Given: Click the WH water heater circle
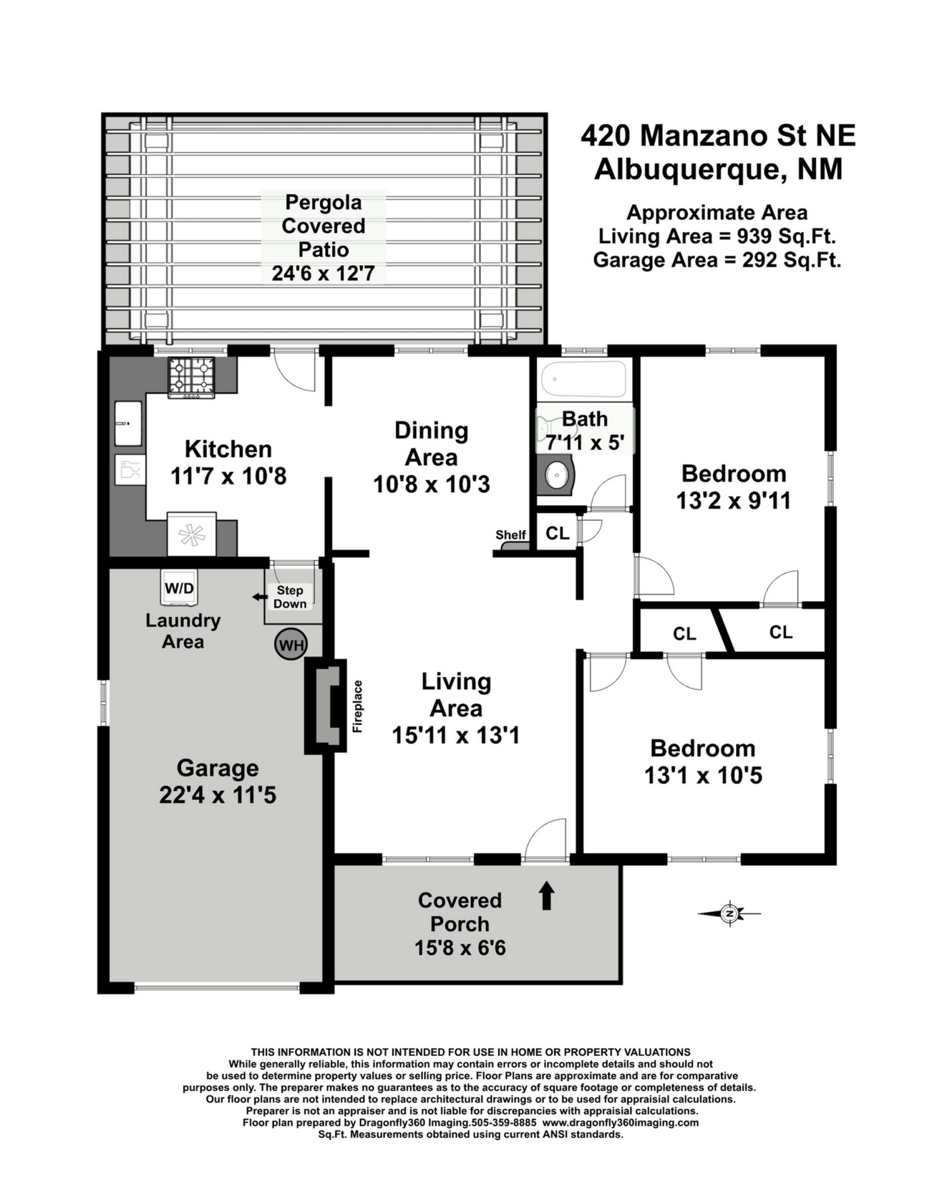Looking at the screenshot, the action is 291,645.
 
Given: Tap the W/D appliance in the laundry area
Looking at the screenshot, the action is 179,587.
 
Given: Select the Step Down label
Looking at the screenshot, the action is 290,597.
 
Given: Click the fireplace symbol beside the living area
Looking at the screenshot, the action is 326,706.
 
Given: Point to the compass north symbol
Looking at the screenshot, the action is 729,914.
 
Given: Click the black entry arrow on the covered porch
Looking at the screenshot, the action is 546,896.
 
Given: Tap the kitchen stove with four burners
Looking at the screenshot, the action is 192,378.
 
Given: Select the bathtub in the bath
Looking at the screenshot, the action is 584,379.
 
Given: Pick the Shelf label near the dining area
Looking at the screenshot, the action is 510,535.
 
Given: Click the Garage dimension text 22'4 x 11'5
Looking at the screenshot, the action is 218,795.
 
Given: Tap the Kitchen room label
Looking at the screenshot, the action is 228,449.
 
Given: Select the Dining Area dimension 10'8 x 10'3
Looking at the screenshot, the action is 431,484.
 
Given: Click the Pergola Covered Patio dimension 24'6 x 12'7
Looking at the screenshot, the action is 323,273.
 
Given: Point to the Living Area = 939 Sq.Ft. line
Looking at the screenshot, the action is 717,236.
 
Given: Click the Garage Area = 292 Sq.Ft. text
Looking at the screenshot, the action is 717,260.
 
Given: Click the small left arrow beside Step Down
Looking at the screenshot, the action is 260,597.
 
